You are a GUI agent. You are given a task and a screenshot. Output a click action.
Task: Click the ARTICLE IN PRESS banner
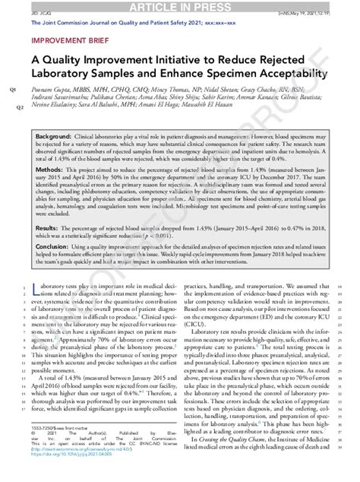tap(180, 6)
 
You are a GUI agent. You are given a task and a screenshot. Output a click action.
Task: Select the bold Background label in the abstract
tap(54, 135)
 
